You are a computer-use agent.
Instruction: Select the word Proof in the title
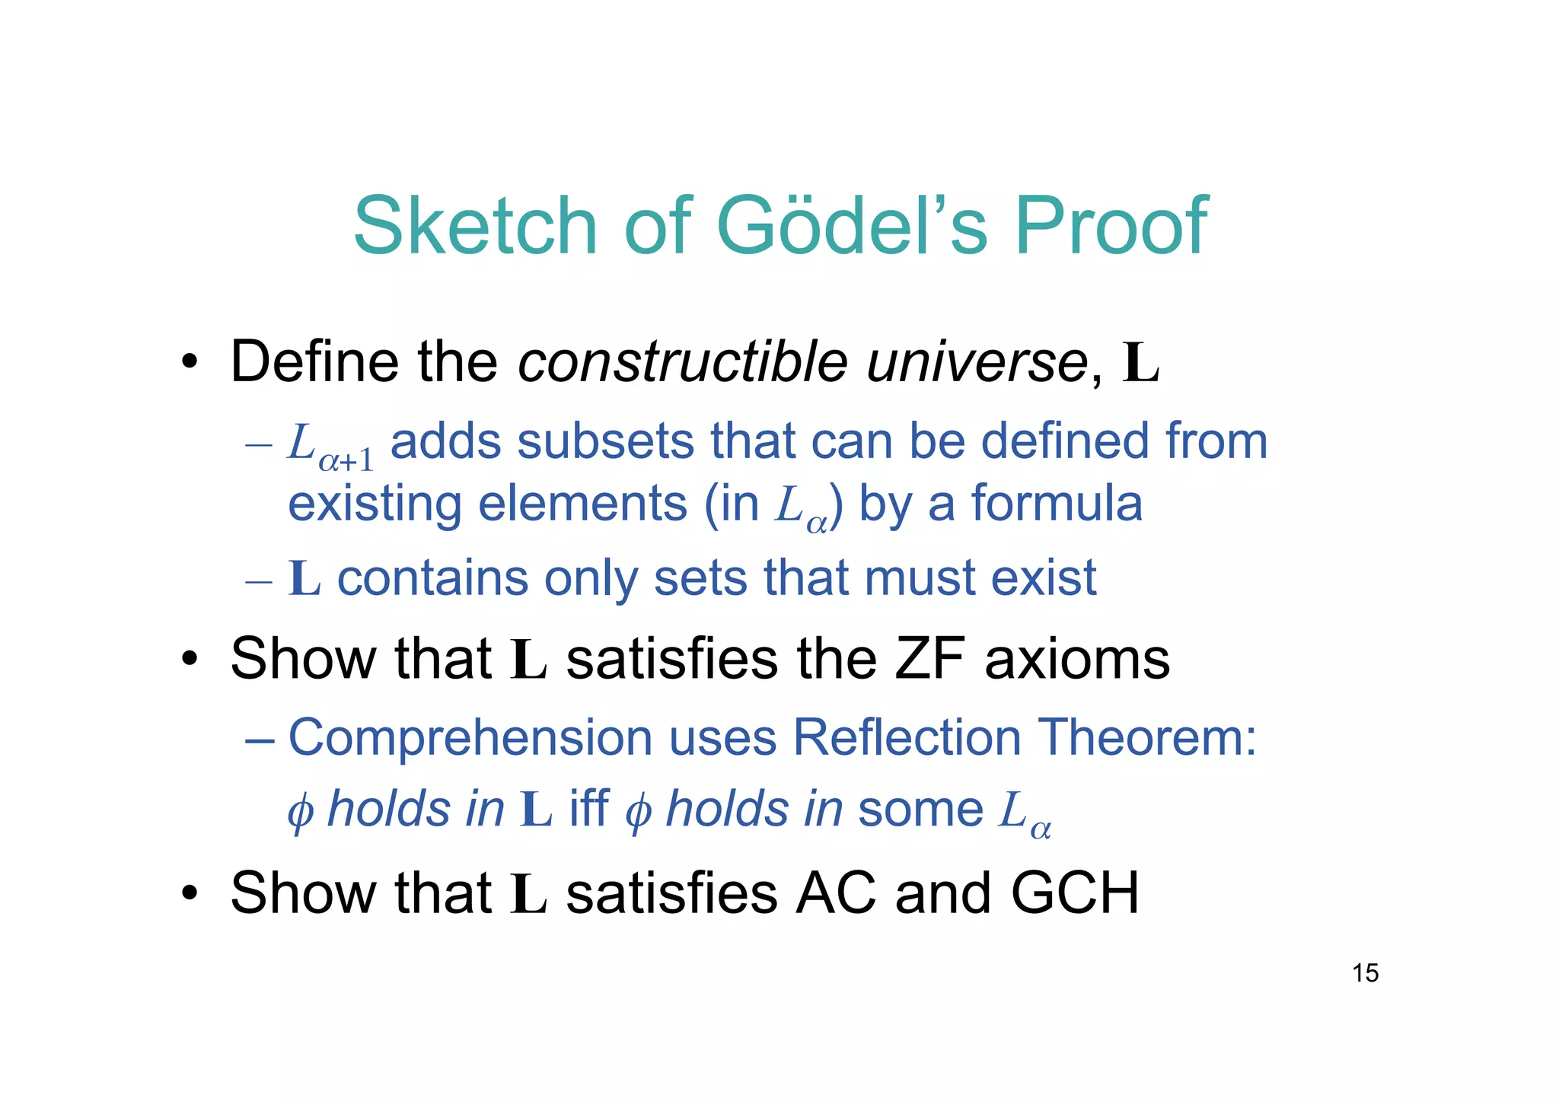point(1111,226)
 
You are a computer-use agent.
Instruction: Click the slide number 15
point(1365,973)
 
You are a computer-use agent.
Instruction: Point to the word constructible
point(682,361)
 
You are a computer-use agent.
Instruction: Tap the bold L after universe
point(1140,364)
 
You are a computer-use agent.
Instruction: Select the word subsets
point(605,441)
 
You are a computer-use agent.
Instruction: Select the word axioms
point(1076,659)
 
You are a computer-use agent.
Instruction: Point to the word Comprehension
point(470,738)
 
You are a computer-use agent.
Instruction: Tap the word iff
point(589,808)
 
